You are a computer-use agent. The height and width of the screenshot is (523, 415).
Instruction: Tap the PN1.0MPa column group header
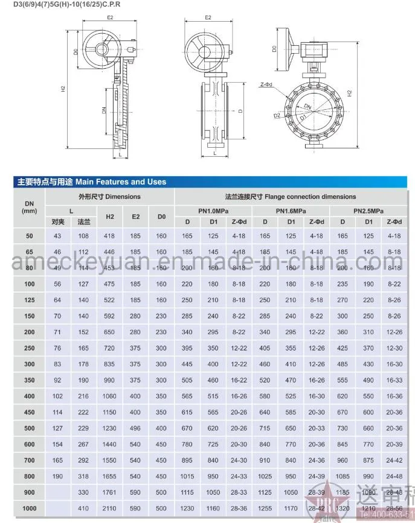tap(213, 211)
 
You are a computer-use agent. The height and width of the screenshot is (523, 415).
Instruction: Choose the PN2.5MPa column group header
tap(368, 211)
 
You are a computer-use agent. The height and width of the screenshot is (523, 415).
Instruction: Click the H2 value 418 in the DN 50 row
tap(110, 236)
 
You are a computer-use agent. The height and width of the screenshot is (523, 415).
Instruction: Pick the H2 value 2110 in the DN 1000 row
tap(110, 509)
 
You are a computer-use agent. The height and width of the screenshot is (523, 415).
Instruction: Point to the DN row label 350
tap(29, 381)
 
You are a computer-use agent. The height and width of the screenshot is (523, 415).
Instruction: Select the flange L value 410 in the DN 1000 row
tap(83, 509)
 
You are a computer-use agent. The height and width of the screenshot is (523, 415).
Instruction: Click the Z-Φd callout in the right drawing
tap(266, 85)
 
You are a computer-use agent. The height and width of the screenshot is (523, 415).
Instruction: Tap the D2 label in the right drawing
tap(276, 115)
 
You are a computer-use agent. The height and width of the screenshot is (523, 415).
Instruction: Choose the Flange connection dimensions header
tap(290, 197)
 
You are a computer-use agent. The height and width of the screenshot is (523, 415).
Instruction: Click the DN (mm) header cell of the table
tap(29, 207)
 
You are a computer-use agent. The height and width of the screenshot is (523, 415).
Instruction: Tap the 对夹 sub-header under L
tap(58, 222)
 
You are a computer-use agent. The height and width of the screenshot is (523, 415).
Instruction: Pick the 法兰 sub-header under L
tap(83, 222)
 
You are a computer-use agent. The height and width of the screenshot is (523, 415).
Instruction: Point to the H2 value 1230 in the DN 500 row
tap(110, 428)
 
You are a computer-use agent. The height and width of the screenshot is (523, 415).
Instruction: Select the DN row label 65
tap(29, 252)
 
